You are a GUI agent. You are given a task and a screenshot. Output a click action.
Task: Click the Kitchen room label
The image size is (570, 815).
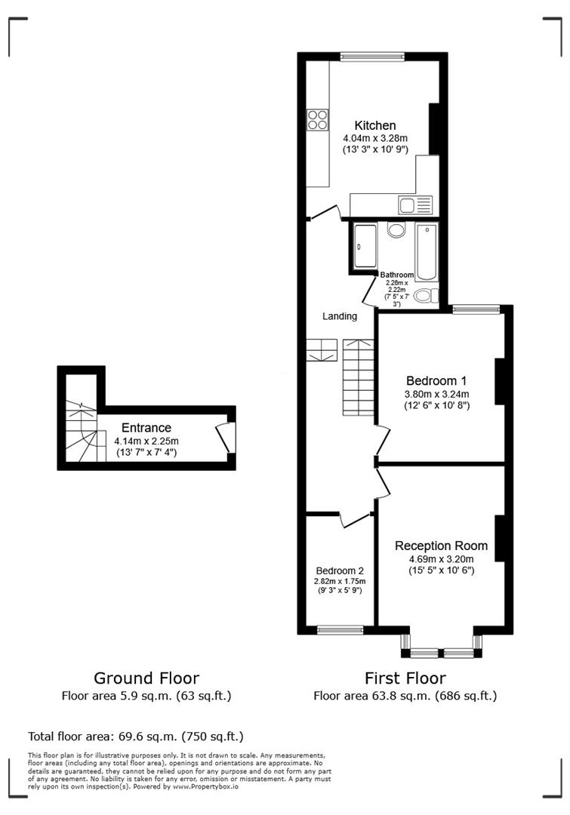(375, 125)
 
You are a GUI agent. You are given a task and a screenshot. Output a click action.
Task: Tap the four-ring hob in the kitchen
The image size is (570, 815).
(318, 120)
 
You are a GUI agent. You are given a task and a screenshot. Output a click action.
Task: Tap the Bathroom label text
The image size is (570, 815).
(396, 275)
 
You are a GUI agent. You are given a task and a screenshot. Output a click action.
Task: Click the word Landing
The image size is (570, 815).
(340, 316)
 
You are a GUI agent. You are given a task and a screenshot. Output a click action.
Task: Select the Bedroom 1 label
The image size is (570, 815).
(437, 380)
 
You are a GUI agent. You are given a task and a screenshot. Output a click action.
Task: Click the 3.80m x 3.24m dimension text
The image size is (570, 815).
(437, 393)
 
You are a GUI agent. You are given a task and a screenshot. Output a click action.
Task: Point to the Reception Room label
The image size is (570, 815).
(441, 546)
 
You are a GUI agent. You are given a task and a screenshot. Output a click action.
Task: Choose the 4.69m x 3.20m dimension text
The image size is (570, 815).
(441, 558)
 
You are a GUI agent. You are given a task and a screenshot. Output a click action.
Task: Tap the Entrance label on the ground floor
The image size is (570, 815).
(146, 428)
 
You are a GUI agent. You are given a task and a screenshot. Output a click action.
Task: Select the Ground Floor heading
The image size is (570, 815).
(146, 678)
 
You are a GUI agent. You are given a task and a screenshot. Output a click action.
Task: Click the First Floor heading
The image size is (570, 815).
(405, 678)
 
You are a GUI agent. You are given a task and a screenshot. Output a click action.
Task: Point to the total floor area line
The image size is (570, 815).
(136, 736)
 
